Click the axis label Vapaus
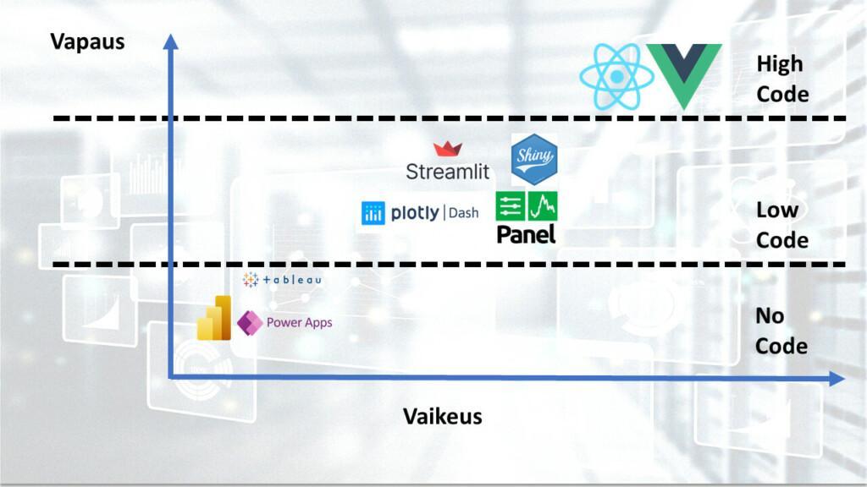(x=88, y=41)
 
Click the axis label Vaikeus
(x=442, y=416)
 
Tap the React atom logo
(x=616, y=77)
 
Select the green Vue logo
(x=684, y=75)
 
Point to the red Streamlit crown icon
(x=448, y=150)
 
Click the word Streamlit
(x=448, y=171)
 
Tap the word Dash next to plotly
(x=463, y=213)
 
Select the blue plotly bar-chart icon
(x=373, y=213)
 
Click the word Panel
(x=526, y=234)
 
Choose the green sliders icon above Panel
(x=510, y=205)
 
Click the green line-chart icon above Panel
(x=542, y=205)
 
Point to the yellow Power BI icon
(x=214, y=319)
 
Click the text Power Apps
(x=299, y=322)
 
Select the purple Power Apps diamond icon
(x=248, y=322)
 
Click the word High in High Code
(x=779, y=64)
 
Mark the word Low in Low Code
(x=776, y=210)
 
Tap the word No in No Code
(x=770, y=316)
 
